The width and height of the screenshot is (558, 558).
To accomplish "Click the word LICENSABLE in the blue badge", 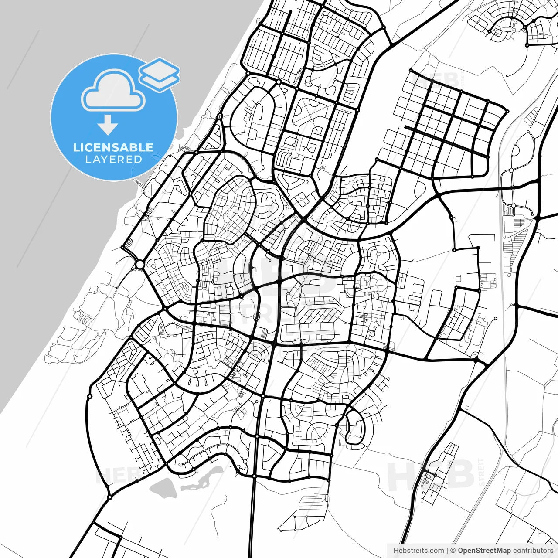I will pyautogui.click(x=113, y=147).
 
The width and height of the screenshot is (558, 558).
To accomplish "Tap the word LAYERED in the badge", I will pyautogui.click(x=113, y=159).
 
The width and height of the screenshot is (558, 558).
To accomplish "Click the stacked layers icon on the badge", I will pyautogui.click(x=160, y=75).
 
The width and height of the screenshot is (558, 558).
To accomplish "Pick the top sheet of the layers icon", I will pyautogui.click(x=160, y=69).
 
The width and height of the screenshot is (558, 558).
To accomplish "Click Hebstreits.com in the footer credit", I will pyautogui.click(x=418, y=551).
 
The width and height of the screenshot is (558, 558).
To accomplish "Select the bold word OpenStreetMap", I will pyautogui.click(x=484, y=551).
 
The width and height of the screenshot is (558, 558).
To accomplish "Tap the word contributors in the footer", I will pyautogui.click(x=533, y=551).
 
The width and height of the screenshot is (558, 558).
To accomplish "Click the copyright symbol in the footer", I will pyautogui.click(x=453, y=551).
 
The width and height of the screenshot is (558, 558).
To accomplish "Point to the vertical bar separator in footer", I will pyautogui.click(x=447, y=551).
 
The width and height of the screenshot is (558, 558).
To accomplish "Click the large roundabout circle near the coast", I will pyautogui.click(x=140, y=265).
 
